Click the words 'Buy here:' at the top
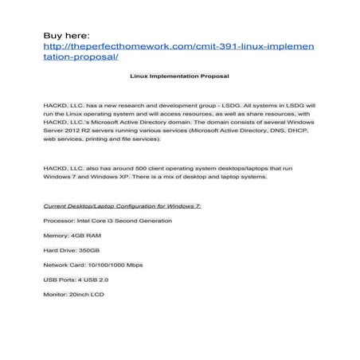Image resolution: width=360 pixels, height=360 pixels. [x=68, y=35]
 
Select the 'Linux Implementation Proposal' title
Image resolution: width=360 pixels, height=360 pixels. [x=179, y=77]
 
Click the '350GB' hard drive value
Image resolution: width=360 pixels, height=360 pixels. [x=90, y=251]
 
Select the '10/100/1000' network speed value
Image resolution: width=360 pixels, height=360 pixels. [x=108, y=265]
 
